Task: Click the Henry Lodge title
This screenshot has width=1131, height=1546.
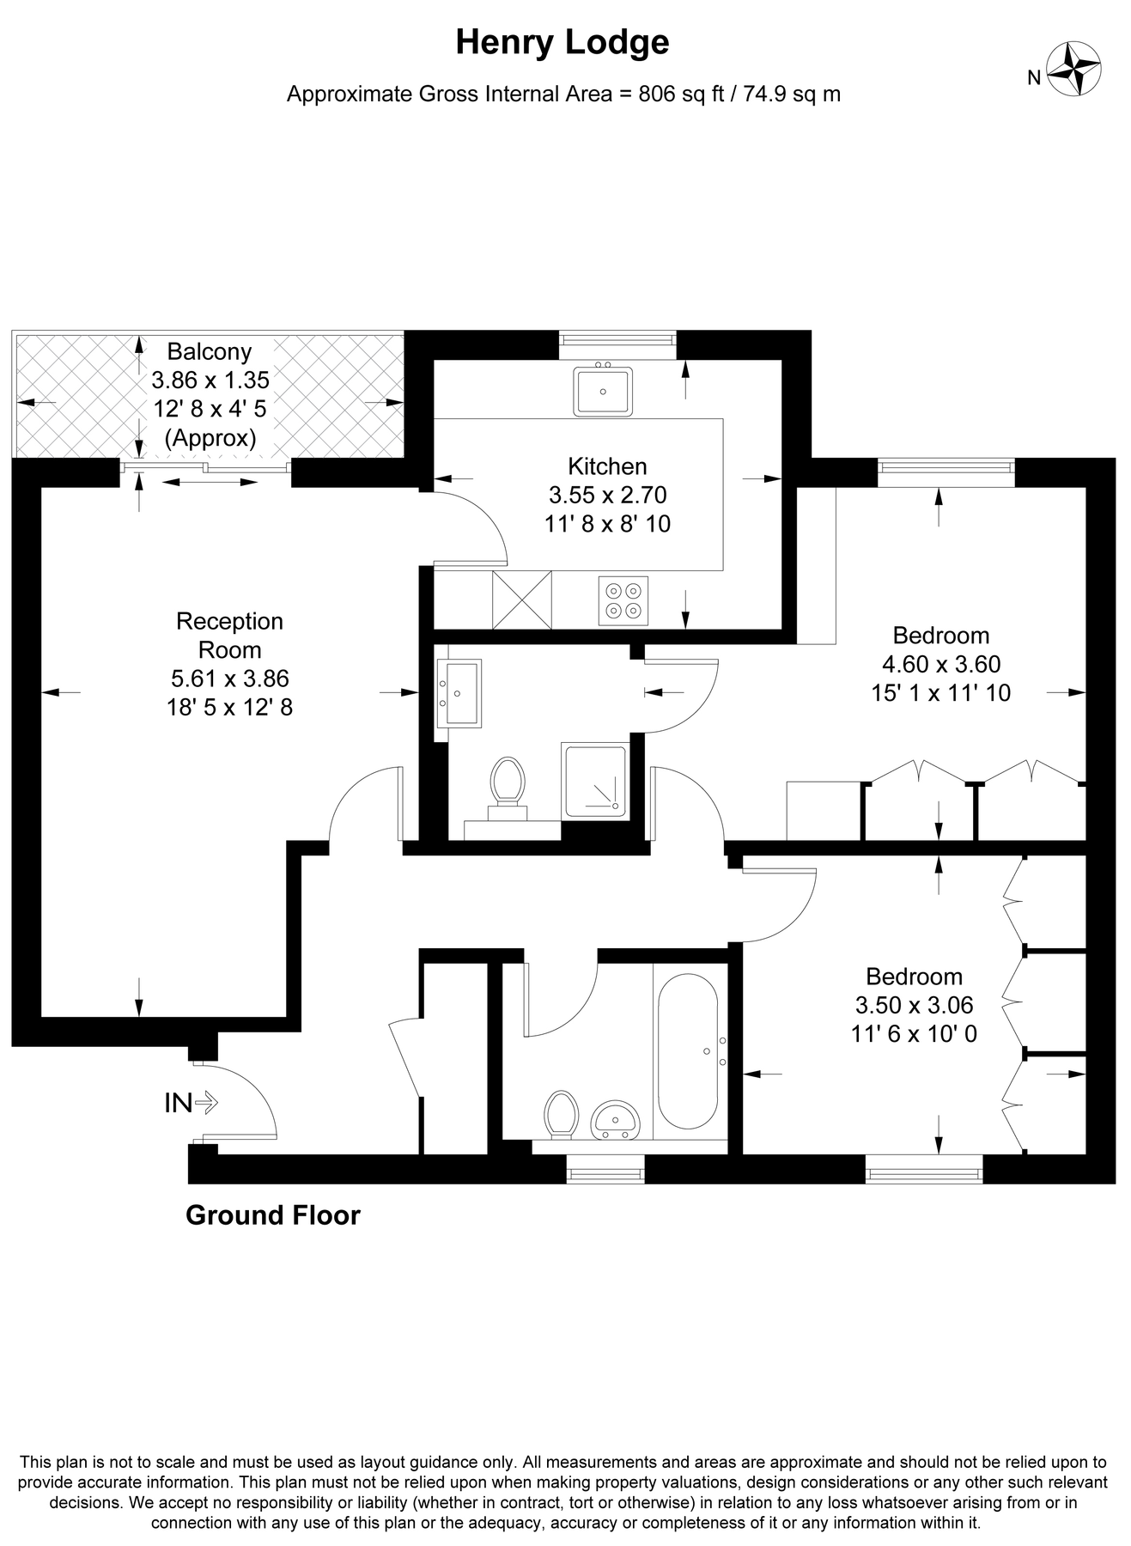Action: click(x=562, y=42)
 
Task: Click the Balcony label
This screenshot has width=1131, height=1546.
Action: click(x=210, y=351)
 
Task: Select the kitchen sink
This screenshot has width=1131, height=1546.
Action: click(x=603, y=392)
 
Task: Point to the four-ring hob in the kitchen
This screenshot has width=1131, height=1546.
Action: click(x=623, y=600)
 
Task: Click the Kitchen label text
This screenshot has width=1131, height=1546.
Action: click(x=607, y=466)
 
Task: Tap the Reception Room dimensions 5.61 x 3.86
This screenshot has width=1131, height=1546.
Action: click(x=230, y=679)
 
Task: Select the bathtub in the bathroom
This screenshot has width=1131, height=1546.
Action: click(x=687, y=1052)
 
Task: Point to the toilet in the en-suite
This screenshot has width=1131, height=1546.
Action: click(x=508, y=782)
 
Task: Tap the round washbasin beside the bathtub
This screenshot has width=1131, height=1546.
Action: click(x=615, y=1118)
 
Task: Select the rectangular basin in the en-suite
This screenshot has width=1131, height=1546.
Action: click(x=459, y=693)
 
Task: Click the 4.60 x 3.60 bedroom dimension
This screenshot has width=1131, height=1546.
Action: click(x=941, y=664)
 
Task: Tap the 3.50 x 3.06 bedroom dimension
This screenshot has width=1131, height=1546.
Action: click(x=914, y=1005)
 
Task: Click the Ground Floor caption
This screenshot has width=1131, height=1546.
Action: click(x=273, y=1215)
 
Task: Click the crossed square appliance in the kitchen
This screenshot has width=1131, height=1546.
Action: click(x=521, y=600)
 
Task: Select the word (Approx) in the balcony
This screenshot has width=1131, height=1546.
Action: click(x=210, y=439)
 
